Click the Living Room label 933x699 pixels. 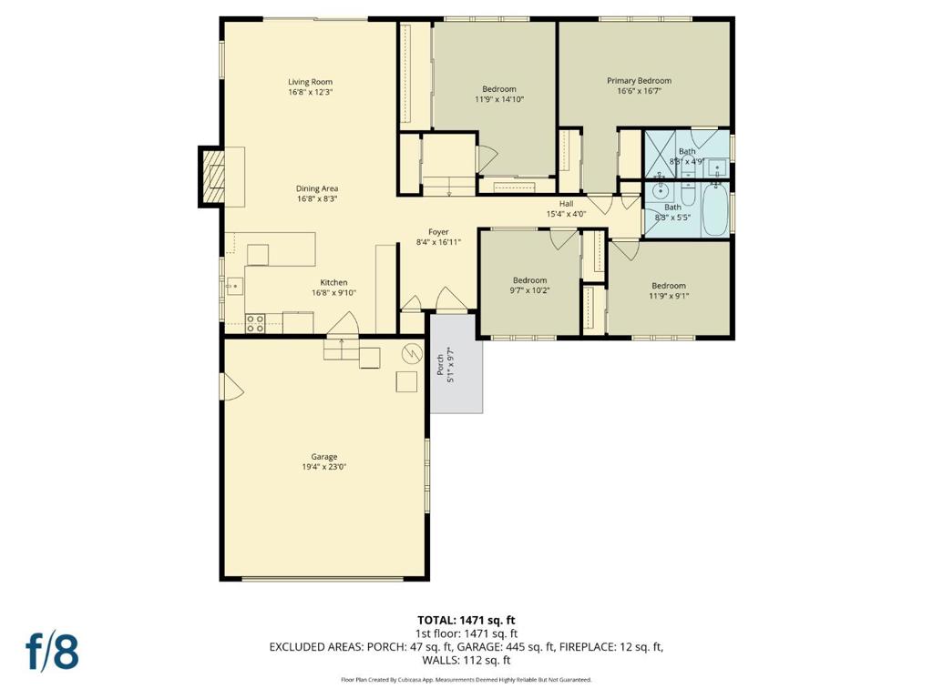tap(310, 82)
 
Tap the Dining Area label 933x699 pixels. tap(316, 188)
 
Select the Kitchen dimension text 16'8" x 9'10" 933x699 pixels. tap(333, 292)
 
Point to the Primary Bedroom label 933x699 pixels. tap(639, 80)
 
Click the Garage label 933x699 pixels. tap(323, 457)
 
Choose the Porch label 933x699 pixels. tap(440, 365)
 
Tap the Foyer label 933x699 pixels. tap(438, 232)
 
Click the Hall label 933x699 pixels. tap(567, 204)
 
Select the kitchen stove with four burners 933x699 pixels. tap(255, 323)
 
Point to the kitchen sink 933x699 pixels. tap(234, 287)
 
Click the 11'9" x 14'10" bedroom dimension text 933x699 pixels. tap(499, 99)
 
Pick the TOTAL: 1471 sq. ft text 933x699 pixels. tap(466, 621)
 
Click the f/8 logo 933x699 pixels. tap(52, 652)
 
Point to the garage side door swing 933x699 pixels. tap(232, 387)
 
